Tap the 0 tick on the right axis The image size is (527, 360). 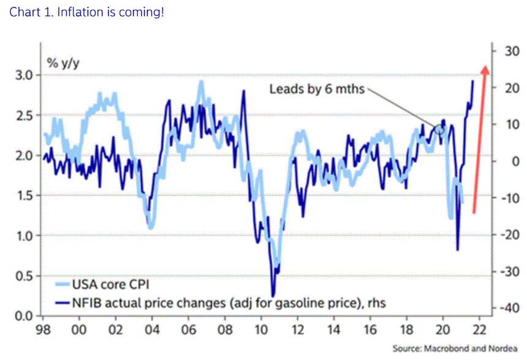click(x=506, y=162)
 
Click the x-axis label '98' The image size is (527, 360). click(x=43, y=328)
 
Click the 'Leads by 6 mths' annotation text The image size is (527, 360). click(x=317, y=89)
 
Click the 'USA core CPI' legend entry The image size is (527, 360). click(x=110, y=285)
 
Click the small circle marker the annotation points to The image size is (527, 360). click(x=439, y=129)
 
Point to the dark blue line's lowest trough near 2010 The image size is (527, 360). click(x=272, y=295)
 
